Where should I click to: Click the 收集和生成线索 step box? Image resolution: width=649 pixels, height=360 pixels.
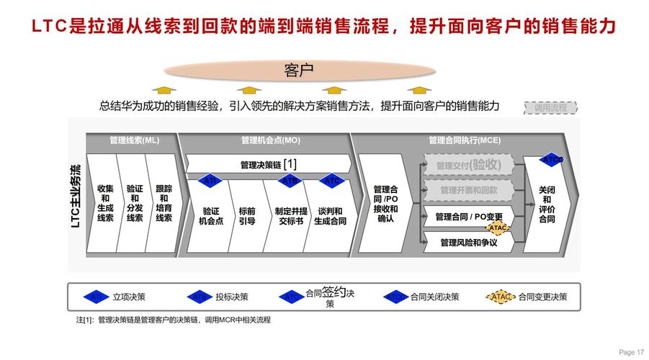click(x=105, y=203)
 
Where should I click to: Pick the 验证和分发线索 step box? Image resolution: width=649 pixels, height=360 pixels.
click(x=135, y=203)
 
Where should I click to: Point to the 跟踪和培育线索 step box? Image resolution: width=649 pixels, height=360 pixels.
click(x=164, y=203)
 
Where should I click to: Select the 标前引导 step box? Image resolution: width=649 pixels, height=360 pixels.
click(x=247, y=216)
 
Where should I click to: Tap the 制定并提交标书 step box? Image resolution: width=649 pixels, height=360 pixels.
click(x=291, y=216)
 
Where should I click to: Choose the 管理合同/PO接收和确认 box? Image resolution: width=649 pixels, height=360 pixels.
click(x=385, y=204)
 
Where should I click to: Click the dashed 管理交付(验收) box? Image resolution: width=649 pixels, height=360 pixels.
click(x=468, y=165)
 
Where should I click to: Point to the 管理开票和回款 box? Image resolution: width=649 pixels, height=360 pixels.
click(x=468, y=191)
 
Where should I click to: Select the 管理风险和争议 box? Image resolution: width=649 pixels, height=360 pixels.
click(x=468, y=243)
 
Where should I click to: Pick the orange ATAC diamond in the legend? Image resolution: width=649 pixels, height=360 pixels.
click(x=502, y=296)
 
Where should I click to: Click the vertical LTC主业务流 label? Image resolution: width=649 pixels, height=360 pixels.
click(x=76, y=196)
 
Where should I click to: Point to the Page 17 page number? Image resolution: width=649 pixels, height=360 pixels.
click(x=631, y=352)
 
